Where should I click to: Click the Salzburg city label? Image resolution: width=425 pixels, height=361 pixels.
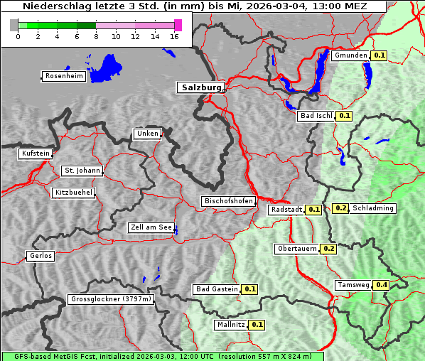coord(200,87)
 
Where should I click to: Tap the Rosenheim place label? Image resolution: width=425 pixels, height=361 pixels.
coord(63,76)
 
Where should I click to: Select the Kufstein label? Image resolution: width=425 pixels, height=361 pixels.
coord(35,153)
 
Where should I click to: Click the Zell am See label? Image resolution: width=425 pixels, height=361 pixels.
coord(151,228)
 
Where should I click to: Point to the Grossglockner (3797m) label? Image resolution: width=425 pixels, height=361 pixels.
coord(111,300)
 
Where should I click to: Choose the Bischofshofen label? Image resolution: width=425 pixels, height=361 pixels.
coord(228,202)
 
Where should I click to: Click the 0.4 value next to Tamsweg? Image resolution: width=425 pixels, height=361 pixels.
coord(382,285)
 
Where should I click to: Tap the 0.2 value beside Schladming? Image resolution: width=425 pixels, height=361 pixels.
coord(340,208)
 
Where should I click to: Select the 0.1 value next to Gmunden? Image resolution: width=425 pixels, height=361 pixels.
coord(379,55)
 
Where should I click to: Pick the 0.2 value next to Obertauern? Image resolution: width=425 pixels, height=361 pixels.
coord(329,249)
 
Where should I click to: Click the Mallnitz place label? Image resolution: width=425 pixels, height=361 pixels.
coord(230,325)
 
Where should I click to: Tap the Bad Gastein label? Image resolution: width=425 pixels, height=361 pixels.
coord(217,289)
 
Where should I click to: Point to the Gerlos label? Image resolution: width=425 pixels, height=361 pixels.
coord(41,256)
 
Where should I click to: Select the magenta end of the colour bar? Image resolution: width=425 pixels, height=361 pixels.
coord(178,25)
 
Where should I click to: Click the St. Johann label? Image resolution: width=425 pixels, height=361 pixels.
coord(82,171)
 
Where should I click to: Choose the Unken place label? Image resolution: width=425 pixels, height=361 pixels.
coord(146,134)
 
